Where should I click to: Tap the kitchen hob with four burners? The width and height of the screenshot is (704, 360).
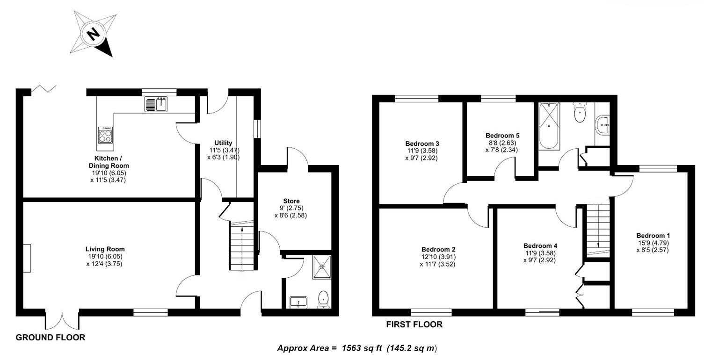click(105, 135)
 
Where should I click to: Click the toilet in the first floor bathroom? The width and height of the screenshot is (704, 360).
click(579, 113)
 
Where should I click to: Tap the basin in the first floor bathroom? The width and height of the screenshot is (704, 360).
click(602, 124)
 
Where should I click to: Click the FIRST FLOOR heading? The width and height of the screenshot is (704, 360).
click(414, 324)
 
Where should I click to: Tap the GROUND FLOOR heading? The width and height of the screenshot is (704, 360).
click(51, 337)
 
